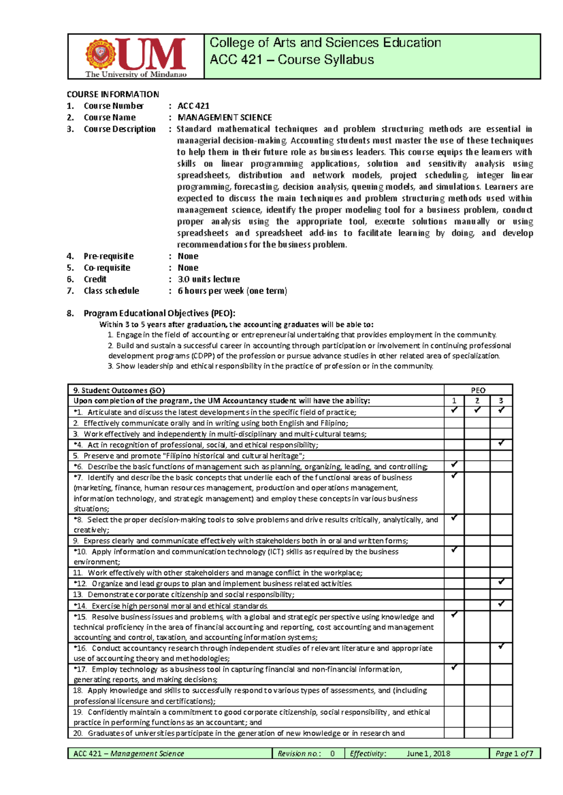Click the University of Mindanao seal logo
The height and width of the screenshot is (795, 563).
pos(100,55)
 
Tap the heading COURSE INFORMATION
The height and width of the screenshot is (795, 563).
pos(113,94)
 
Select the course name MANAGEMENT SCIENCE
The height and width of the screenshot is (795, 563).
pos(225,118)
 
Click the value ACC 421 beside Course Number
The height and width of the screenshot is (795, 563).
pos(193,106)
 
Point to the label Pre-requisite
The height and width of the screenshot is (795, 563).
pos(108,256)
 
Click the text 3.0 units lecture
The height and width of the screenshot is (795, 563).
pos(209,279)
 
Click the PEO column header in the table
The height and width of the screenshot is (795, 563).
pos(478,390)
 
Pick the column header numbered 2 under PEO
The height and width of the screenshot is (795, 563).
pos(477,401)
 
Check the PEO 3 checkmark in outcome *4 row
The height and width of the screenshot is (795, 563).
pos(501,443)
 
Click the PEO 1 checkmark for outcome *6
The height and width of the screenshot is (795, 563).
pos(454,465)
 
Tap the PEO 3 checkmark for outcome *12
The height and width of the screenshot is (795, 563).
pos(501,582)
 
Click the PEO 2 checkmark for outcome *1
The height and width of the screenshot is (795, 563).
pos(477,410)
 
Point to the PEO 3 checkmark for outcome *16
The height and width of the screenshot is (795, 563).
pos(501,646)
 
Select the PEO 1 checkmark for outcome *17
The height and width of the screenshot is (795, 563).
pos(454,667)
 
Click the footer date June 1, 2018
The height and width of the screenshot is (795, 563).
pos(428,754)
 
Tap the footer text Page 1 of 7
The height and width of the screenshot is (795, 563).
pos(514,754)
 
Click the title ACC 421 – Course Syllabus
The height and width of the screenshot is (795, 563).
pos(292,60)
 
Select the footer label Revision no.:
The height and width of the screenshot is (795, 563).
pos(299,754)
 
